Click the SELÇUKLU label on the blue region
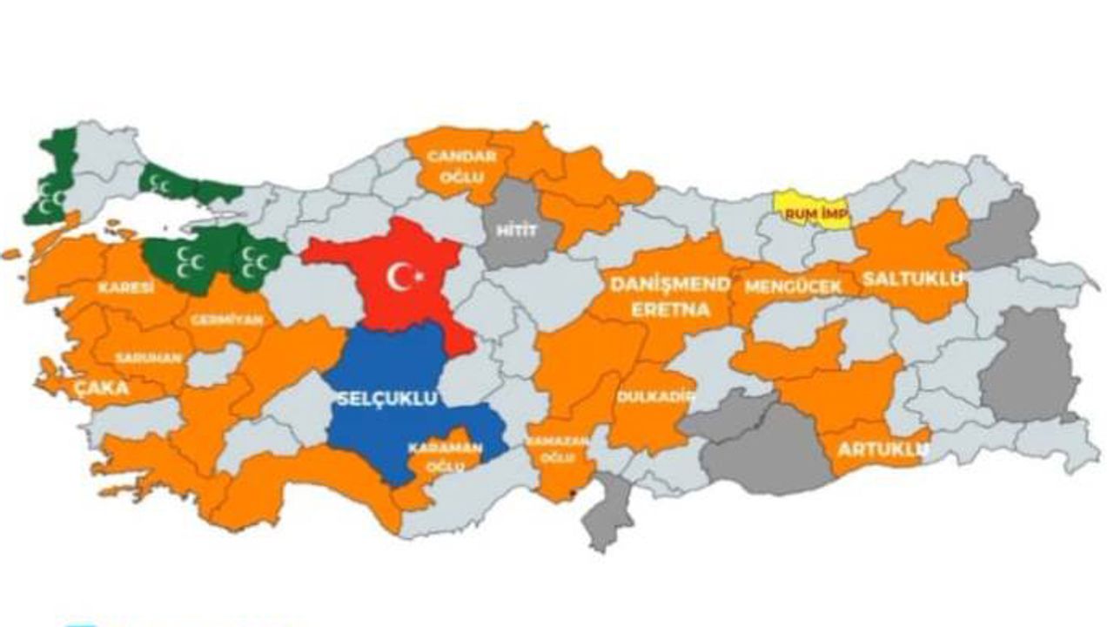tap(386, 398)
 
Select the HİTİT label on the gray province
tap(517, 230)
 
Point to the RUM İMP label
tap(804, 212)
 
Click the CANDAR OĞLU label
tap(460, 165)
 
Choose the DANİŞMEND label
tap(669, 285)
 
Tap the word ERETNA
tap(670, 309)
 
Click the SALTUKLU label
tap(913, 279)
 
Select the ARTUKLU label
tap(882, 449)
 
